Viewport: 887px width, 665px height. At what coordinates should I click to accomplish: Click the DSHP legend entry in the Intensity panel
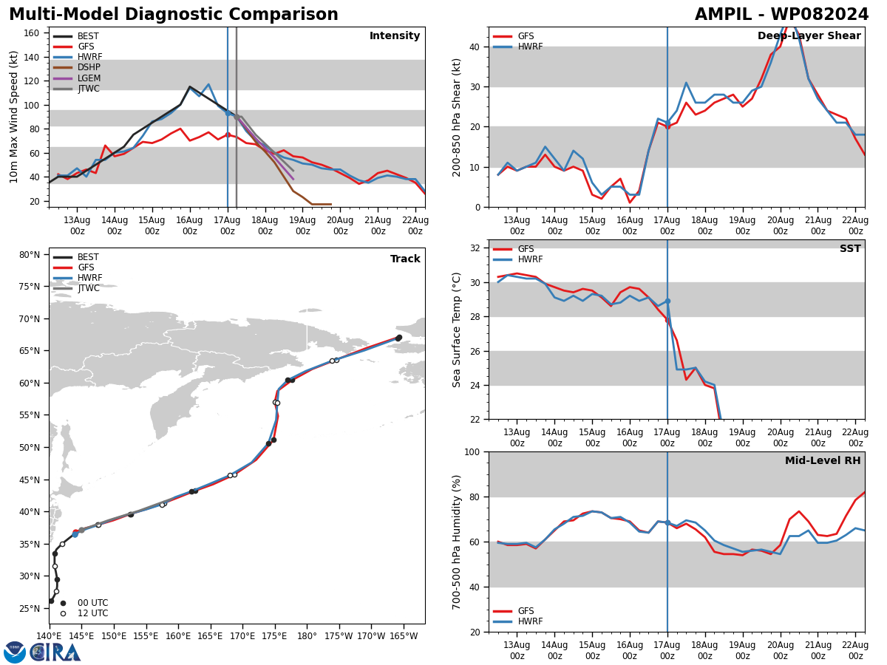[x=76, y=67]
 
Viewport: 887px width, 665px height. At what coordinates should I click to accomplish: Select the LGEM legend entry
[x=76, y=78]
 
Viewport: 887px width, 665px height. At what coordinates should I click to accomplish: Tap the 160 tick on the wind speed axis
[x=31, y=33]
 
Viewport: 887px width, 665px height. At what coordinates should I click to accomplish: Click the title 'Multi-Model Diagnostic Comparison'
[x=174, y=15]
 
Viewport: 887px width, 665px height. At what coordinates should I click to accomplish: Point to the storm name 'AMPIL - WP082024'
[x=781, y=15]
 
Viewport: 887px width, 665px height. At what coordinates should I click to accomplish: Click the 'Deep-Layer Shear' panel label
[x=809, y=35]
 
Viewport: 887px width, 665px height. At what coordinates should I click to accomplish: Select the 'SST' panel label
[x=850, y=248]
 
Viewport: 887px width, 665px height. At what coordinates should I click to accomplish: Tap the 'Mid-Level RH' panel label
[x=823, y=460]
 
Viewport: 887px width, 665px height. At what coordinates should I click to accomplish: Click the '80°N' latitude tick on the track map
[x=30, y=255]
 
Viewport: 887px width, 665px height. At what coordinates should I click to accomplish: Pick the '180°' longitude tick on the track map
[x=307, y=636]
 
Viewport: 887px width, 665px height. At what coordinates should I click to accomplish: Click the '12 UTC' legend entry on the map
[x=84, y=613]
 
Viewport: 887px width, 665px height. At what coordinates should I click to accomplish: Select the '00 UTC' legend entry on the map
[x=84, y=603]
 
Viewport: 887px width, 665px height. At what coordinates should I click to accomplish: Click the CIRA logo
[x=55, y=652]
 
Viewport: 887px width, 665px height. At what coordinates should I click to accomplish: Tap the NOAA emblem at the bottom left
[x=15, y=652]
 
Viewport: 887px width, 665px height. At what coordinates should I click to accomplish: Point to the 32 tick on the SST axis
[x=475, y=248]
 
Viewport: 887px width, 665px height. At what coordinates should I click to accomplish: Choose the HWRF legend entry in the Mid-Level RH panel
[x=517, y=621]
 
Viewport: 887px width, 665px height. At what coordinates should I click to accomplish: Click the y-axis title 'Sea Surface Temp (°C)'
[x=456, y=330]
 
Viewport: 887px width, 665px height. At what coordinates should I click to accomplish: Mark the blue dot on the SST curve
[x=667, y=301]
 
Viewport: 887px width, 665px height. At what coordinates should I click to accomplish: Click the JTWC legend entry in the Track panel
[x=76, y=288]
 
